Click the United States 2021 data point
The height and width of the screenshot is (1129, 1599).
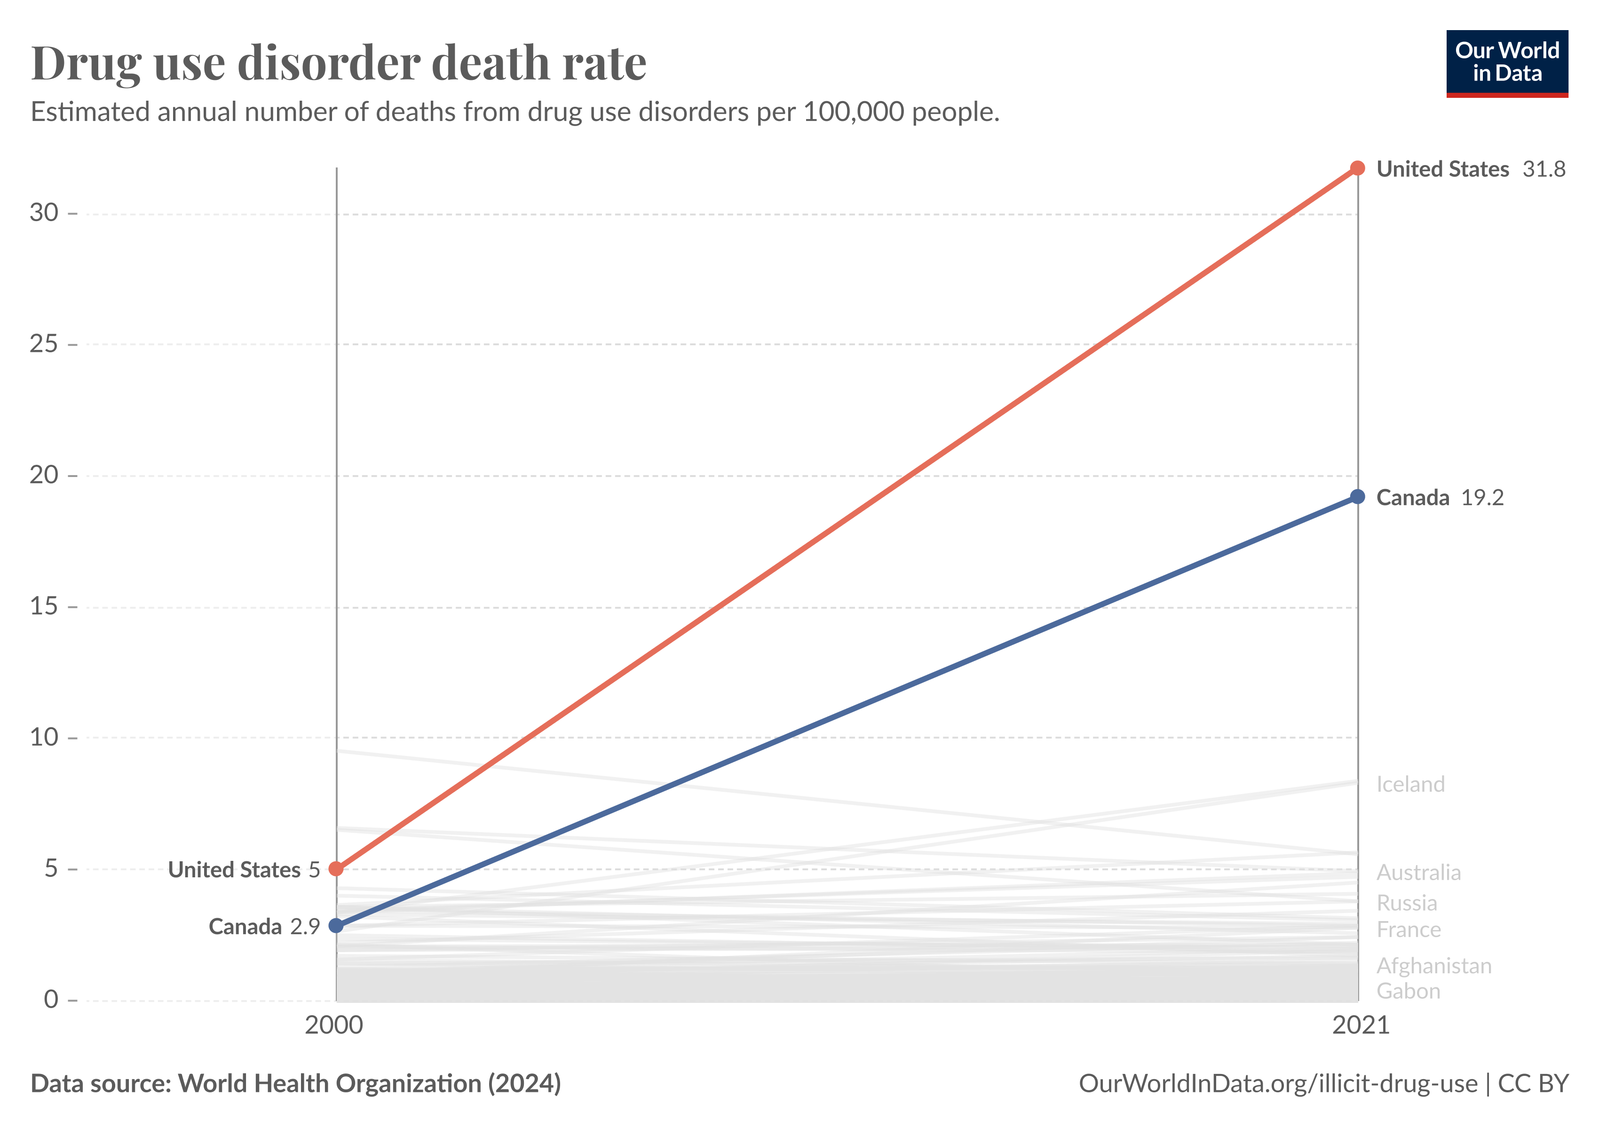1357,168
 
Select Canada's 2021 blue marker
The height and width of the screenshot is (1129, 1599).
1357,497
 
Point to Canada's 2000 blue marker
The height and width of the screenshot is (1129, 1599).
336,926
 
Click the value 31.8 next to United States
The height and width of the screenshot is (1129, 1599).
1544,169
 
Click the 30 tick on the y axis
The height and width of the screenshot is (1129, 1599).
44,213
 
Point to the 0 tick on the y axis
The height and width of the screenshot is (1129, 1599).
51,1000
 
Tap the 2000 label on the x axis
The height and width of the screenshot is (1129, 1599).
334,1025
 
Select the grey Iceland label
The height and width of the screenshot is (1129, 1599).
1410,784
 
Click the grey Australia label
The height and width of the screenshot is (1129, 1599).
1418,872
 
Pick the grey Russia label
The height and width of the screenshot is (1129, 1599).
1406,903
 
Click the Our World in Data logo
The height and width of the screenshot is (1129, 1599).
1507,63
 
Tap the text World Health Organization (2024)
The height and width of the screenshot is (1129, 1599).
369,1084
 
